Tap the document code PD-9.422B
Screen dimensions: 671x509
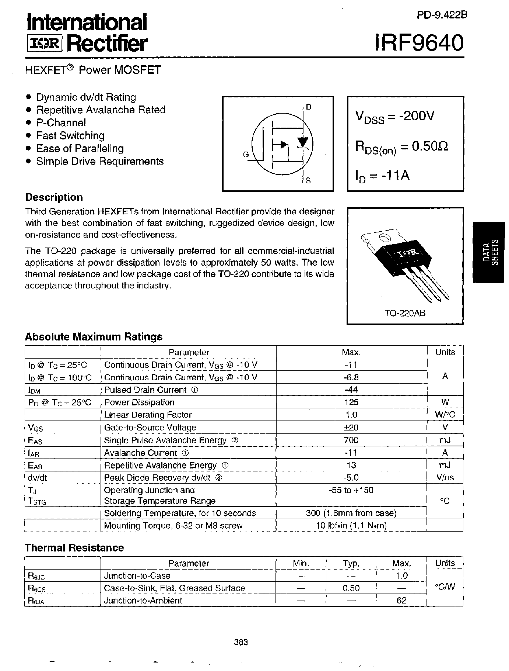(x=442, y=15)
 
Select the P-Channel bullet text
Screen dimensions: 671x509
(x=61, y=123)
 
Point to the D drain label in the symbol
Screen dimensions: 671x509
(x=309, y=107)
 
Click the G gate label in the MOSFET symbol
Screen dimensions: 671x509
(x=246, y=155)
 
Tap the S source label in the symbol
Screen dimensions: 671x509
(x=308, y=180)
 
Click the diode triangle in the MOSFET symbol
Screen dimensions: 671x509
(x=303, y=142)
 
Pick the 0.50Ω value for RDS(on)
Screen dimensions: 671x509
(x=430, y=146)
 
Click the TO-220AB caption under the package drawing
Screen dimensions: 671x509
(x=405, y=313)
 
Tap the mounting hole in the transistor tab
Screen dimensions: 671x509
(x=384, y=238)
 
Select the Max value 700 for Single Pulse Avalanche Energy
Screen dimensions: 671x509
(x=351, y=440)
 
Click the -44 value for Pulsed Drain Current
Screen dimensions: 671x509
(x=351, y=390)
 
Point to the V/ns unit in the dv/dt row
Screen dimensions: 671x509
(x=445, y=478)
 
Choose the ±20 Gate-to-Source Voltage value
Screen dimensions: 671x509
(x=351, y=428)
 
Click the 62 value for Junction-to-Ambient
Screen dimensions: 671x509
(x=401, y=601)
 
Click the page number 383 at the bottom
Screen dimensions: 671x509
(x=241, y=642)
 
